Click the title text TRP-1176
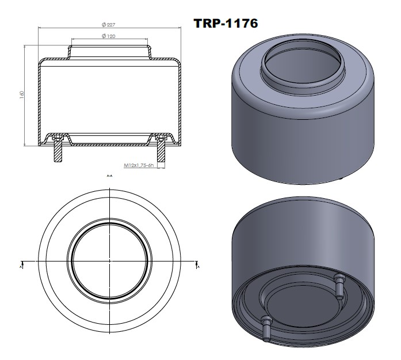click(227, 23)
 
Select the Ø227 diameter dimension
click(109, 24)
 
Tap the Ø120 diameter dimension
click(109, 36)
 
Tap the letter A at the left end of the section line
click(21, 267)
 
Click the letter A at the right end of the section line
click(197, 267)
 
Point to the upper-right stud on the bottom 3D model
click(338, 284)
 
